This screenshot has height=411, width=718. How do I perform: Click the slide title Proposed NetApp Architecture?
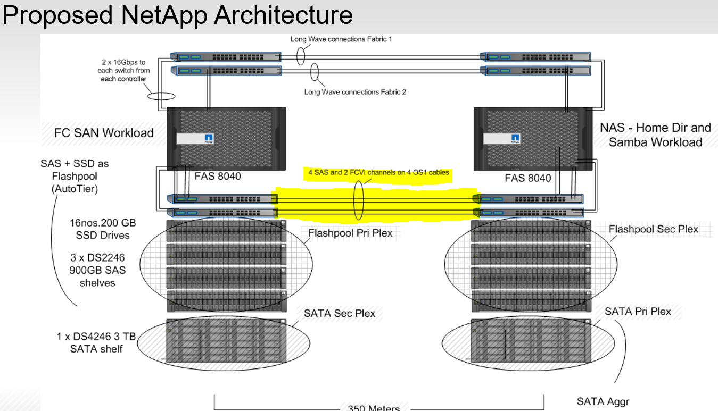coord(177,15)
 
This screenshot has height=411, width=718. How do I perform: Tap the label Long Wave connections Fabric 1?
coord(341,39)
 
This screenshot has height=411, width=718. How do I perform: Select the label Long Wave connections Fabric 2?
coord(355,92)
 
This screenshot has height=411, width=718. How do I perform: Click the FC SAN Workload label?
coord(104,133)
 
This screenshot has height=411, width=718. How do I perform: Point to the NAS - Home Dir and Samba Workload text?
coord(655,135)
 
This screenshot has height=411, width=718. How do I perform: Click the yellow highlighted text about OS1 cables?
coord(379,172)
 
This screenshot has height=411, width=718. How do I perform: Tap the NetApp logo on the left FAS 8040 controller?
coord(209,138)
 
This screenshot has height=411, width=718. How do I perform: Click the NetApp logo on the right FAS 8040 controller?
coord(515,138)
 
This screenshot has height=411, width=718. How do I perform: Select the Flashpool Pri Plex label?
coord(350,233)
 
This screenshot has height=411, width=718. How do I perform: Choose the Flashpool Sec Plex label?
coord(654,229)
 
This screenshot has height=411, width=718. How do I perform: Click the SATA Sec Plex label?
coord(340,313)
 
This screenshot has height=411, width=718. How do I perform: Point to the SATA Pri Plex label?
coord(638,311)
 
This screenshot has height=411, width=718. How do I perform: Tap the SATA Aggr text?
coord(603,402)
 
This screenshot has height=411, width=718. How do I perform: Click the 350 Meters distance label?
coord(373,408)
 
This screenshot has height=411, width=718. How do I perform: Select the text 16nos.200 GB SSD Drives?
coord(100,229)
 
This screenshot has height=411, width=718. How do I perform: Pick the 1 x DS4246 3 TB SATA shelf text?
coord(96,343)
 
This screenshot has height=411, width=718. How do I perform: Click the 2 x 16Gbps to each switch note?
coord(123,71)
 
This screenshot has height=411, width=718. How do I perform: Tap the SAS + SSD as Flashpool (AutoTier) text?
coord(69,176)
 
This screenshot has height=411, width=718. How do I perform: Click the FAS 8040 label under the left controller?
coord(217,177)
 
